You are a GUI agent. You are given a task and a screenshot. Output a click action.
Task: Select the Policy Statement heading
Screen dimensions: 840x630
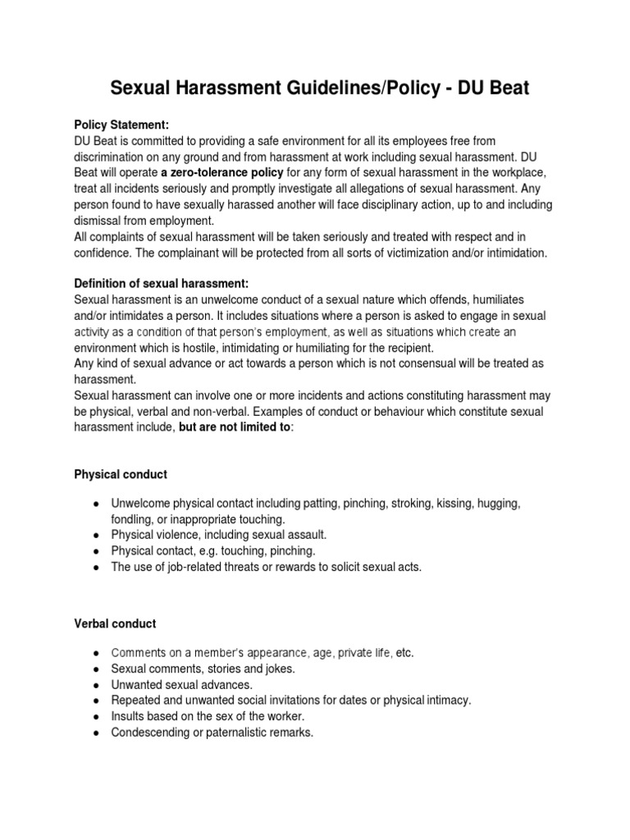pyautogui.click(x=121, y=126)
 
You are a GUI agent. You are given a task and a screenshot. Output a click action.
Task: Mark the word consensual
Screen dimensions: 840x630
pyautogui.click(x=477, y=363)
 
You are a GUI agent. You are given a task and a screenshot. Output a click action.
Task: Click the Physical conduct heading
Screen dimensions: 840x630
pyautogui.click(x=120, y=474)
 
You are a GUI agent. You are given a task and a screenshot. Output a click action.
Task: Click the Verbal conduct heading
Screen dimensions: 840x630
pyautogui.click(x=115, y=623)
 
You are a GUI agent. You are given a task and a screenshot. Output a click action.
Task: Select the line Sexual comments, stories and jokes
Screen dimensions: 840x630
pyautogui.click(x=203, y=669)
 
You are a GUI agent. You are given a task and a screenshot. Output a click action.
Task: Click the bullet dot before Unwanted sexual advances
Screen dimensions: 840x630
pyautogui.click(x=97, y=685)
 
